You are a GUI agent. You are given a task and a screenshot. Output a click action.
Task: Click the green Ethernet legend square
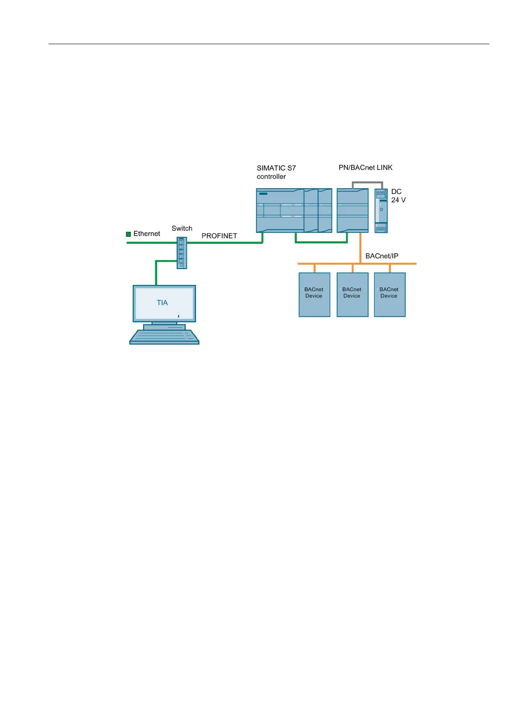[x=129, y=234]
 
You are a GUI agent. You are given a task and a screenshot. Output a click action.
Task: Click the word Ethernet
[x=147, y=234]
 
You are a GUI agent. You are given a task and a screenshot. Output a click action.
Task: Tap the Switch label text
[x=182, y=228]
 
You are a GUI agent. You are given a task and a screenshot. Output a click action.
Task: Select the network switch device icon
[x=182, y=253]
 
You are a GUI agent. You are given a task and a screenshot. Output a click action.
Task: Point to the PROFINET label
[x=219, y=236]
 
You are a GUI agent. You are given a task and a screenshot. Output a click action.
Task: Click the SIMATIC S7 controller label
[x=276, y=172]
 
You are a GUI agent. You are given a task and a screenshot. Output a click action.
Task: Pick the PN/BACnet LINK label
[x=365, y=167]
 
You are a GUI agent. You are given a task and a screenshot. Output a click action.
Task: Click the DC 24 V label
[x=398, y=196]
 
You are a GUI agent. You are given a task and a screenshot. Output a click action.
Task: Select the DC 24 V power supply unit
[x=381, y=211]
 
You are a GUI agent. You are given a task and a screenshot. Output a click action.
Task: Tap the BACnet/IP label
[x=382, y=256]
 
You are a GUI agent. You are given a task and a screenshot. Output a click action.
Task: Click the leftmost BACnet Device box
[x=314, y=295]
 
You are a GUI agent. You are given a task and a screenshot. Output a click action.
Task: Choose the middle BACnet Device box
[x=352, y=295]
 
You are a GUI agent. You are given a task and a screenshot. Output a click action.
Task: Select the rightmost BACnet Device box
[x=390, y=295]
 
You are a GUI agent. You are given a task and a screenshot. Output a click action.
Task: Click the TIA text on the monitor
[x=163, y=303]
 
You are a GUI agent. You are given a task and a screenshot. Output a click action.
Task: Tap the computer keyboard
[x=164, y=337]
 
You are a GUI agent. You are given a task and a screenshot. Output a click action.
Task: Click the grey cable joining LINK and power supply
[x=367, y=182]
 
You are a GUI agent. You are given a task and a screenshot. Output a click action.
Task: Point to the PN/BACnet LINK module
[x=352, y=211]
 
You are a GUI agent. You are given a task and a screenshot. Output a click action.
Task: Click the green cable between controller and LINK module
[x=321, y=242]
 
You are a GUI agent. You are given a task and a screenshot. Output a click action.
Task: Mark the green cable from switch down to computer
[x=156, y=272]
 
